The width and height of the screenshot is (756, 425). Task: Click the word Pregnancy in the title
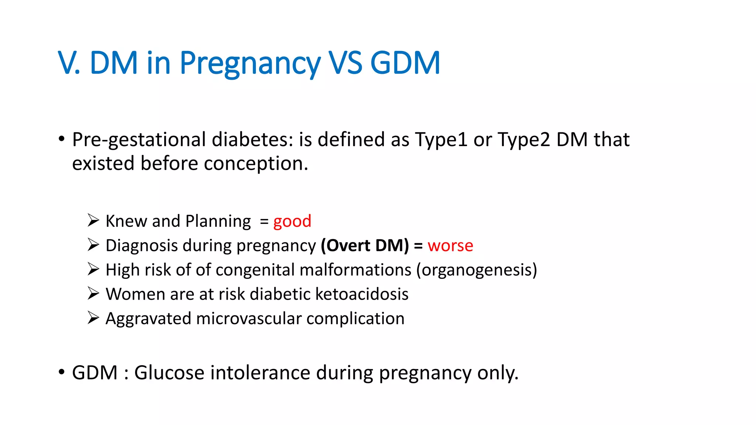click(250, 63)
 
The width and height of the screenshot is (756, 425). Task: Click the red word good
click(292, 221)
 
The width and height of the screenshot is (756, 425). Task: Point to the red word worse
click(450, 246)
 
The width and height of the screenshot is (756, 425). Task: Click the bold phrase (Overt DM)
click(365, 246)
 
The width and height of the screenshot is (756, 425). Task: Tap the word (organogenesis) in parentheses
click(477, 270)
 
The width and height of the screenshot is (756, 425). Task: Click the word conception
click(255, 163)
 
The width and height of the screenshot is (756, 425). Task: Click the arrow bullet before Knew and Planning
click(93, 221)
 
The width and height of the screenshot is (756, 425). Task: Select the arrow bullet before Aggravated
click(93, 318)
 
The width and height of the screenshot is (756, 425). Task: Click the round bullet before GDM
click(62, 372)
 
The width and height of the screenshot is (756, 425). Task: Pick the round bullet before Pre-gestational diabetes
click(62, 139)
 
